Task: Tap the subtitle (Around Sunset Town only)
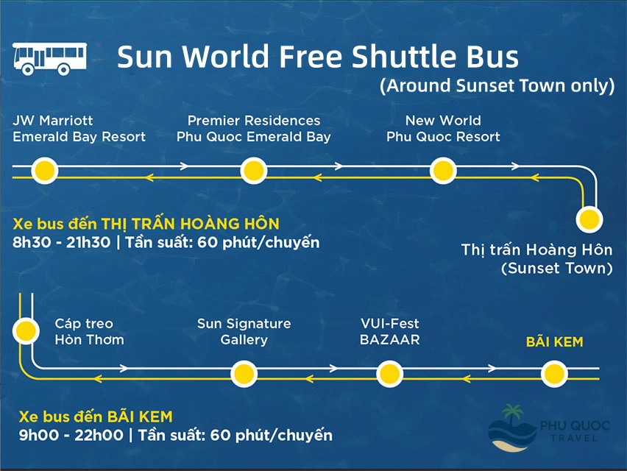(x=497, y=85)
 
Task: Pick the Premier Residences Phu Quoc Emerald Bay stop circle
(x=254, y=171)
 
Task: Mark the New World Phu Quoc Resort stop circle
(x=443, y=171)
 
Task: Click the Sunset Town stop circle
(x=589, y=219)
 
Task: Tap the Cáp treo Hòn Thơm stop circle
(x=26, y=330)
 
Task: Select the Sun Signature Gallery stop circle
(x=244, y=373)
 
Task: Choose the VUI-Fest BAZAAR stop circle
(x=389, y=373)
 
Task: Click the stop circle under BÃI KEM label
(x=554, y=373)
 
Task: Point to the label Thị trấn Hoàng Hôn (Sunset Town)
(x=537, y=259)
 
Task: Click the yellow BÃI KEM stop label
(x=554, y=342)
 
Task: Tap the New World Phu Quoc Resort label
(x=443, y=129)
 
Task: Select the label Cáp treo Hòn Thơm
(x=89, y=332)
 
